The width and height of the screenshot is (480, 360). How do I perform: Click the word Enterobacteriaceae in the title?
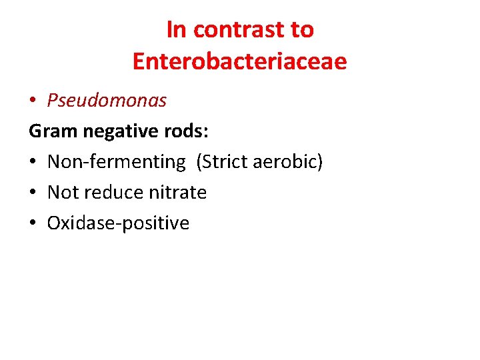point(239,61)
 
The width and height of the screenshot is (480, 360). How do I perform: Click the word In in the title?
point(175,30)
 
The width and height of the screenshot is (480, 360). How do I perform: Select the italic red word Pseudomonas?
point(107,100)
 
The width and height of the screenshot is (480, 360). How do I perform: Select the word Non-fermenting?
point(117,162)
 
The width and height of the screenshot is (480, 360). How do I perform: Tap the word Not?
point(63,193)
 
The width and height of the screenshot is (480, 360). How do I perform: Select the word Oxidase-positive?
point(118,223)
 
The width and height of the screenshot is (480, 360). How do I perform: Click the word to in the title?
point(301,30)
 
